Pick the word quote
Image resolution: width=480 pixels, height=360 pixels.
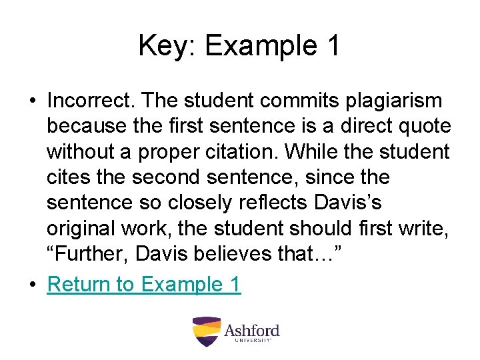tap(425, 126)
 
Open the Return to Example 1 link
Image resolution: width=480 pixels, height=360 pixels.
tap(143, 285)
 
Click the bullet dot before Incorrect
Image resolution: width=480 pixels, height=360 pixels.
tap(32, 101)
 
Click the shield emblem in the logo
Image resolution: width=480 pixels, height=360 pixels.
tap(206, 331)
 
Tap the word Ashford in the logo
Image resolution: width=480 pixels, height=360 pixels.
tap(251, 329)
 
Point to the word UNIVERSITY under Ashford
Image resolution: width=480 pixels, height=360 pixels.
tap(253, 341)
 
